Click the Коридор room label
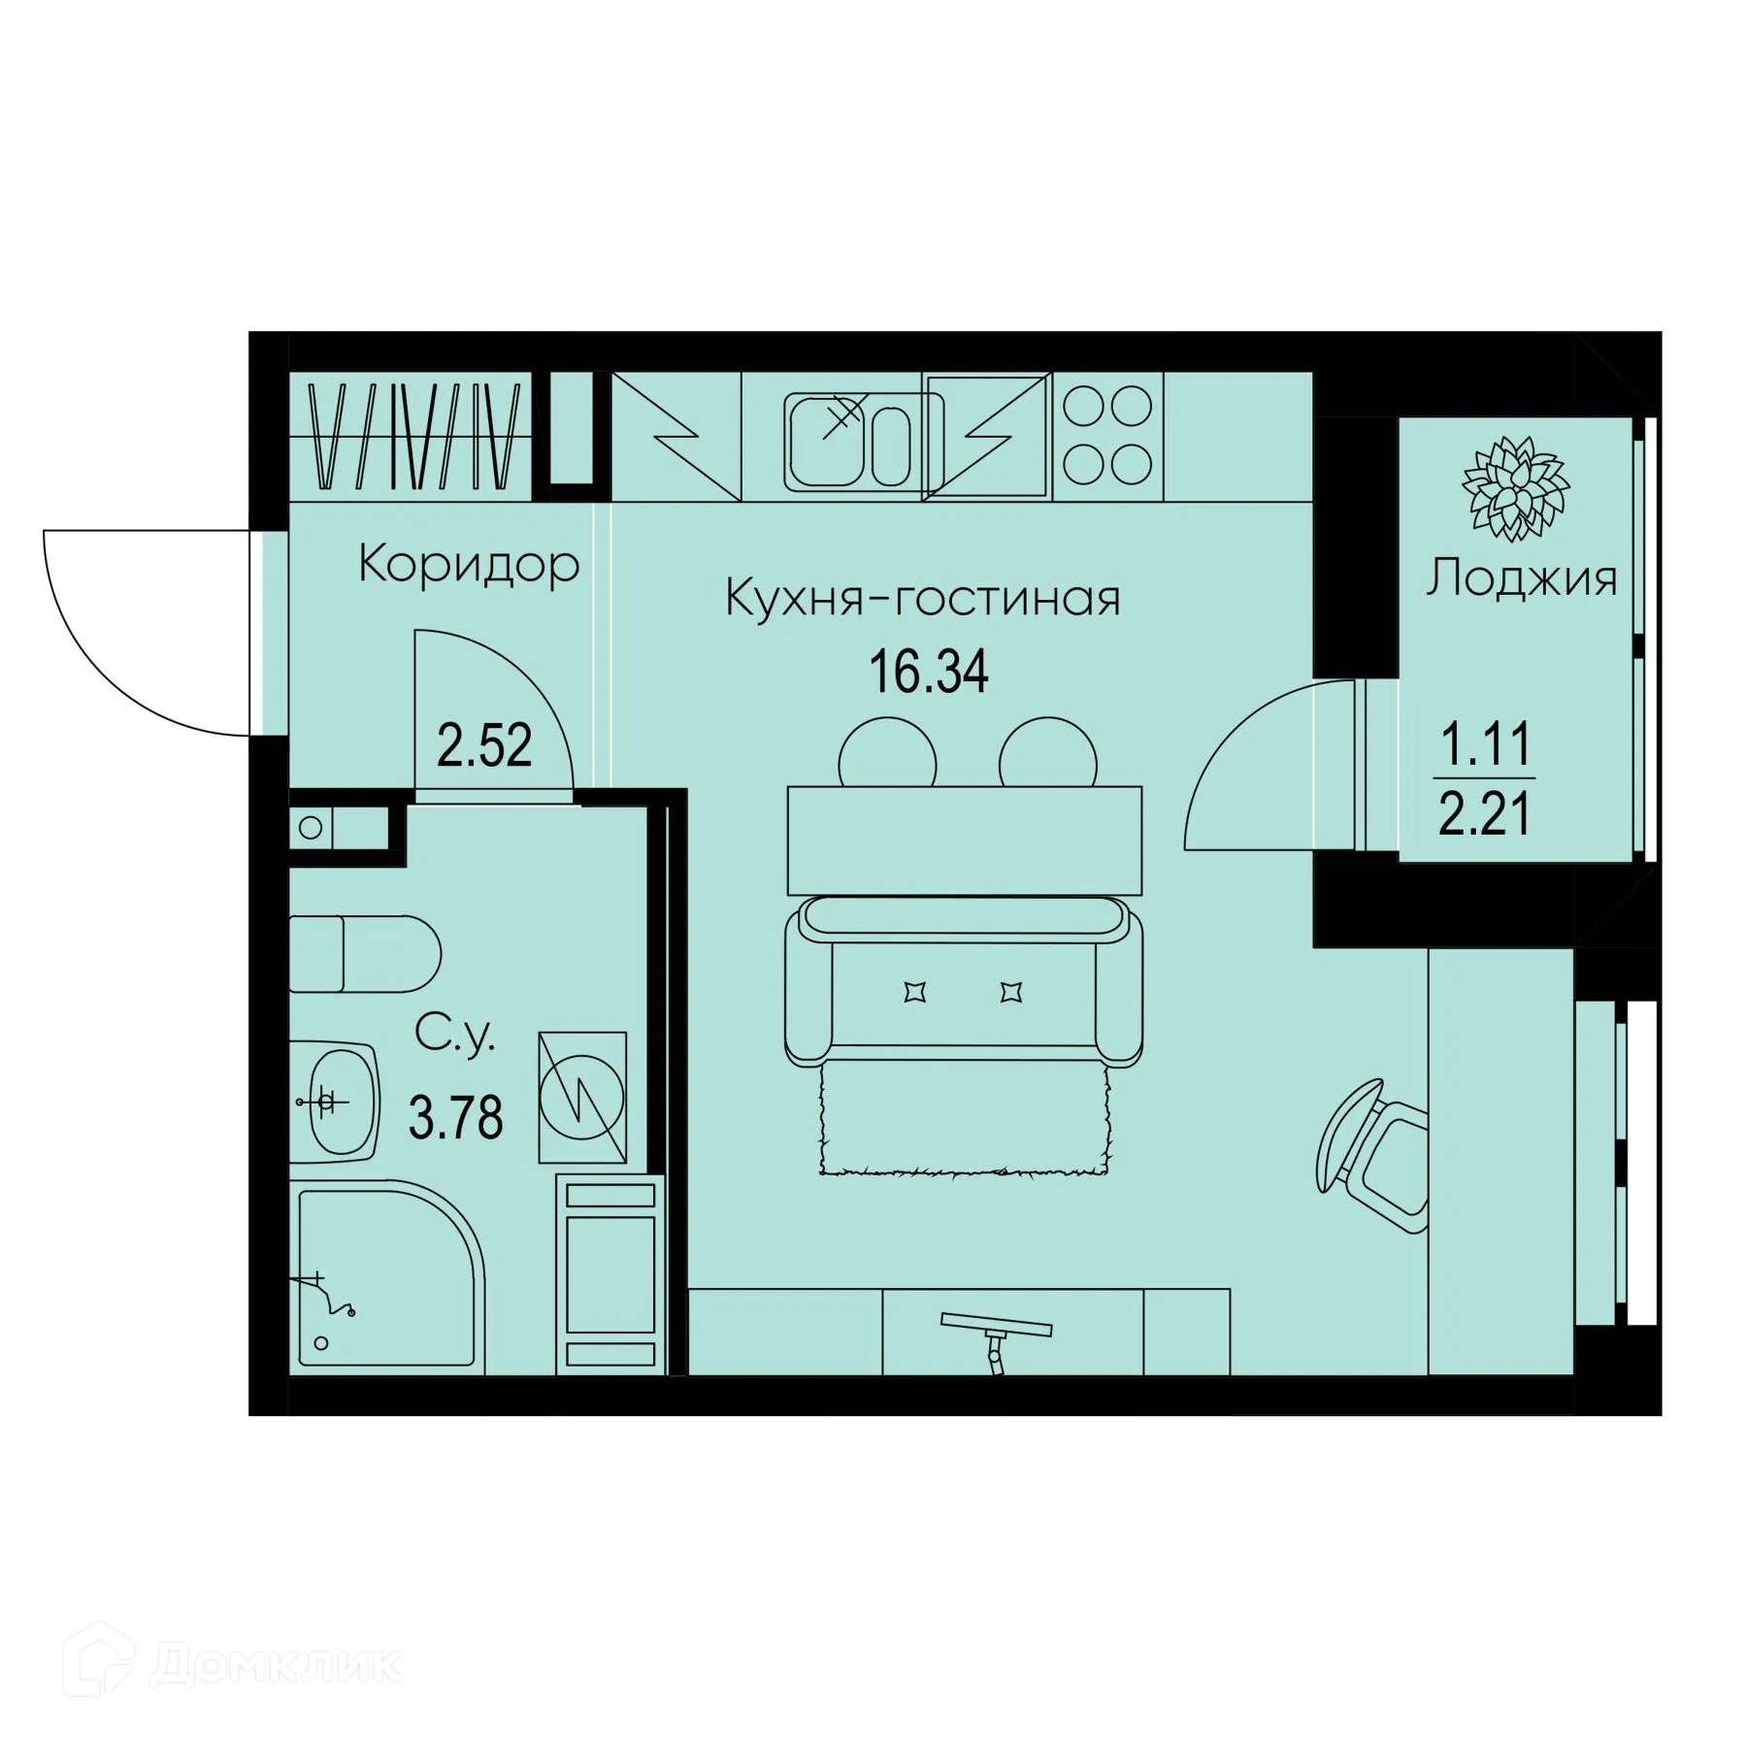468,564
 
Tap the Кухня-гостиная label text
923,598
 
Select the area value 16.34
929,673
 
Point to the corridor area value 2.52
484,746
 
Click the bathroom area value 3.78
456,1119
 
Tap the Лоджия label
1521,579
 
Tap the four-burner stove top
1107,435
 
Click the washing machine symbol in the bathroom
582,1097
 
